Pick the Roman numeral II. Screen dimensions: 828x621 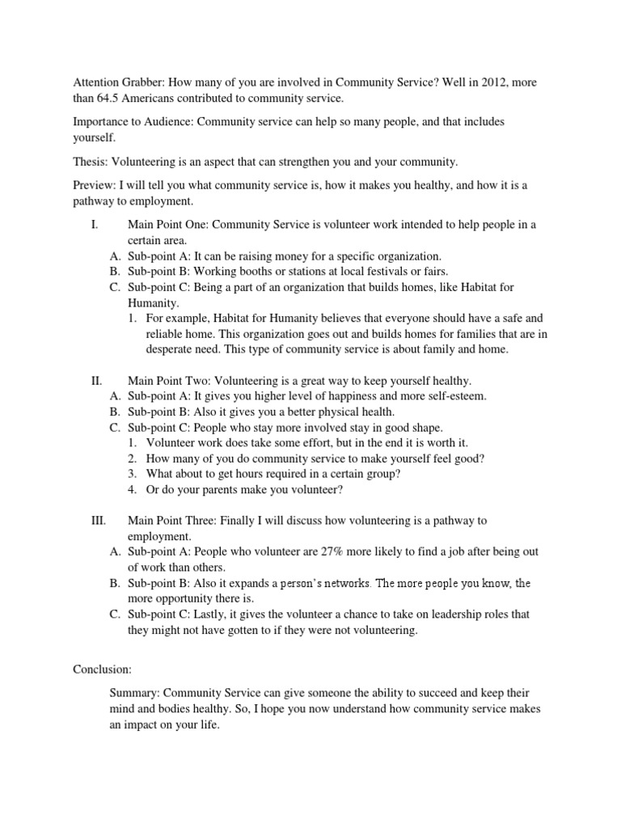click(x=95, y=381)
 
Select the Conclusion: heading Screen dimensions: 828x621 click(x=101, y=647)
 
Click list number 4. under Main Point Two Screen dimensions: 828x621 click(x=134, y=489)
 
